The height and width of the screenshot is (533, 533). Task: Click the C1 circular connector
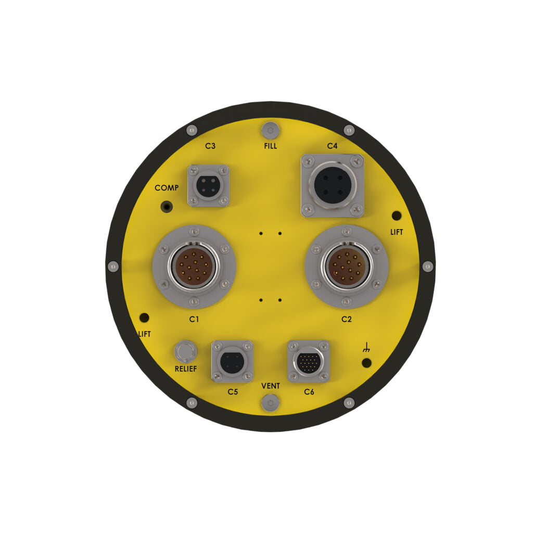click(x=194, y=266)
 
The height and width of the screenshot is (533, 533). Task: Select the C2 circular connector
click(x=347, y=266)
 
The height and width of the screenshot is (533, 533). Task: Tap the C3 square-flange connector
click(x=208, y=185)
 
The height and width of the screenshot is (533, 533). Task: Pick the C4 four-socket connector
click(x=332, y=186)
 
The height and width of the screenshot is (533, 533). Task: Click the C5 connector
click(x=232, y=361)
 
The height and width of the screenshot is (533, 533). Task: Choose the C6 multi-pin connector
click(x=309, y=361)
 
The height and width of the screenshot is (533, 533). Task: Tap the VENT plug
click(x=270, y=402)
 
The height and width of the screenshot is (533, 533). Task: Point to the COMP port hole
click(x=167, y=206)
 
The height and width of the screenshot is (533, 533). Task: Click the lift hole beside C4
click(x=396, y=215)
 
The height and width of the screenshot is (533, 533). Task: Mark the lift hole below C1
click(x=145, y=318)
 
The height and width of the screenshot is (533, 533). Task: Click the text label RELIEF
click(x=186, y=370)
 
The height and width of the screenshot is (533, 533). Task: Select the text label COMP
click(x=167, y=188)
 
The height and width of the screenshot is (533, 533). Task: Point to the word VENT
click(x=270, y=386)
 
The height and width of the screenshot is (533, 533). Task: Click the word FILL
click(x=270, y=146)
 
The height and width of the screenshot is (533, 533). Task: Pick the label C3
click(x=210, y=146)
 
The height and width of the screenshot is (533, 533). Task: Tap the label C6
click(x=309, y=391)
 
